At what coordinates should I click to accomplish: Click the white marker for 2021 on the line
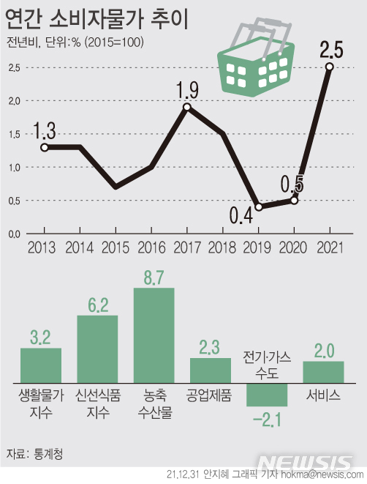pyautogui.click(x=330, y=67)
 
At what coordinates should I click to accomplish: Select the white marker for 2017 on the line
pyautogui.click(x=187, y=107)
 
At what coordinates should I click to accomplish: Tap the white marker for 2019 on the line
pyautogui.click(x=259, y=206)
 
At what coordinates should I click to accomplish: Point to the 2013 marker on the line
pyautogui.click(x=45, y=147)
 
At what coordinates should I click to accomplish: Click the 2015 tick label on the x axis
pyautogui.click(x=116, y=247)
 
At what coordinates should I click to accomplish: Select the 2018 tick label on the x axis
pyautogui.click(x=223, y=247)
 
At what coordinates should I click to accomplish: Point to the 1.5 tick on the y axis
pyautogui.click(x=14, y=134)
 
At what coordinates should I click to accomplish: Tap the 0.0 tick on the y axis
pyautogui.click(x=14, y=234)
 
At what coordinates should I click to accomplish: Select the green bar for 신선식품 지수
pyautogui.click(x=98, y=349)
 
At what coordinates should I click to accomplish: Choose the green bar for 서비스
pyautogui.click(x=323, y=371)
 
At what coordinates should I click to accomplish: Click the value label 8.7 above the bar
pyautogui.click(x=154, y=278)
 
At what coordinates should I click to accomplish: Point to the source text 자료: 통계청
pyautogui.click(x=34, y=453)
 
